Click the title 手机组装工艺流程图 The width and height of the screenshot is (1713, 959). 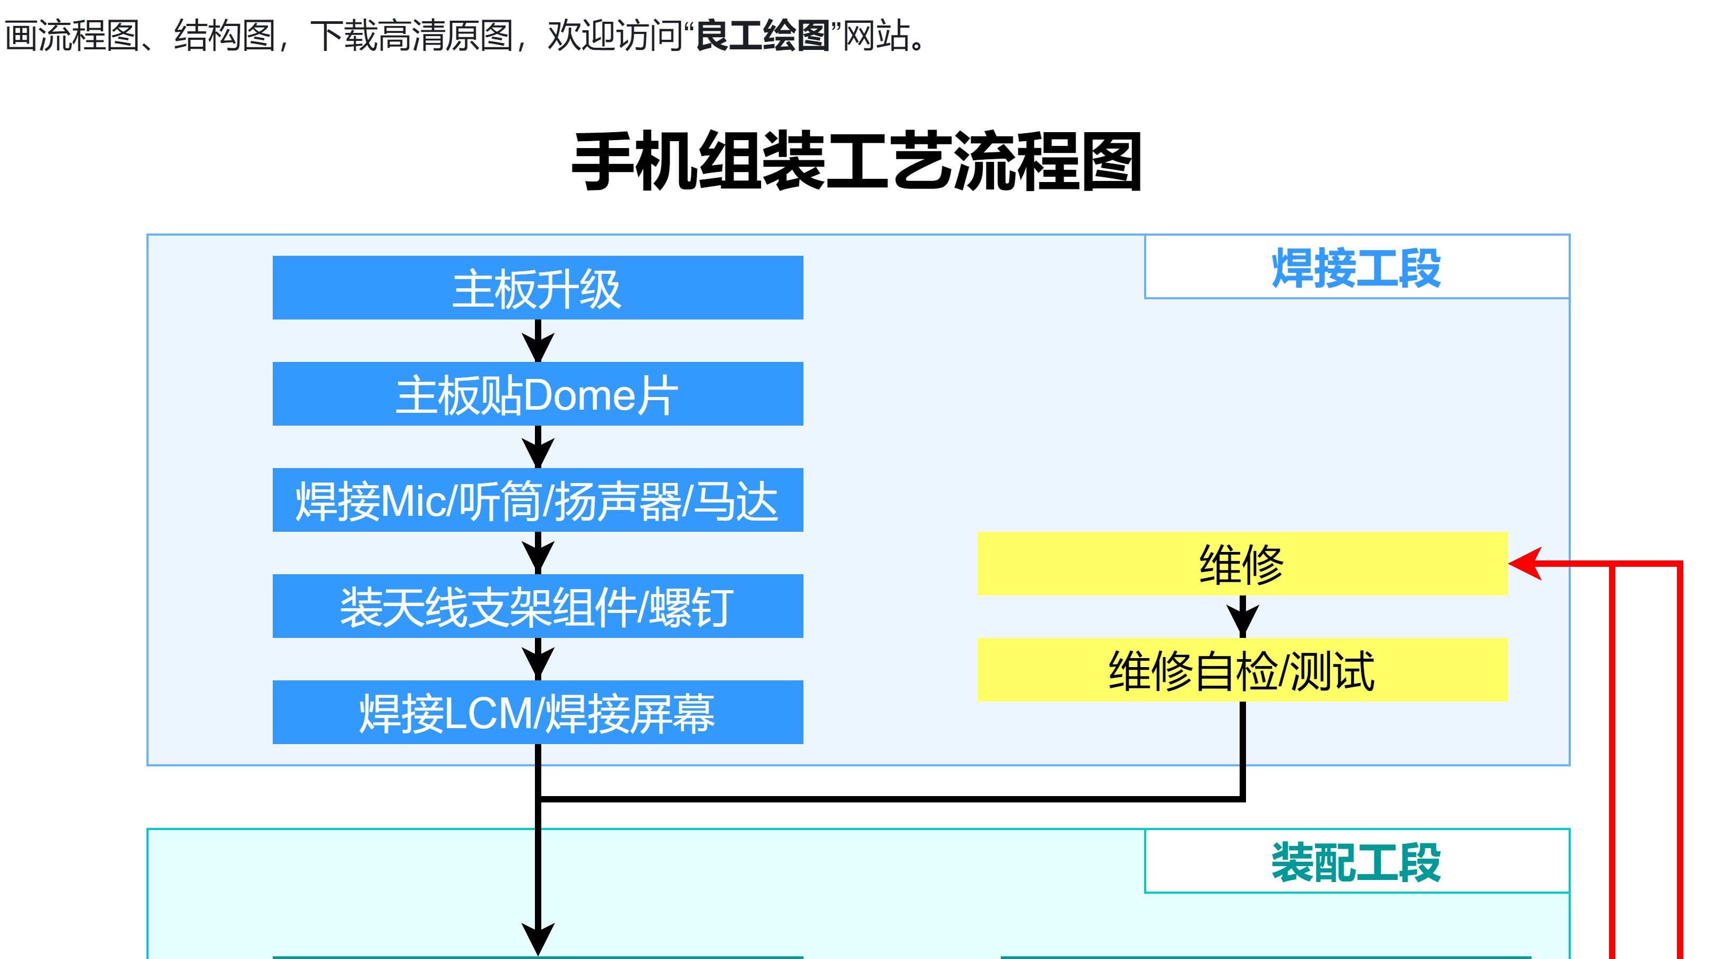pos(856,162)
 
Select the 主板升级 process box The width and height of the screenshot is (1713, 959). pos(538,288)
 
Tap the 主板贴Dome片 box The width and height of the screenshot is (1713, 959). pos(538,394)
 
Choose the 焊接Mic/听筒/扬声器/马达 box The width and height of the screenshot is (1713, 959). pos(538,500)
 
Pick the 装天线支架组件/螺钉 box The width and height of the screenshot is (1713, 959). pos(538,607)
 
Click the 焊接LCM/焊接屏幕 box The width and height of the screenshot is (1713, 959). pos(538,712)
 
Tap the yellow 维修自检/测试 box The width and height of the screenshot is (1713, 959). pos(1242,670)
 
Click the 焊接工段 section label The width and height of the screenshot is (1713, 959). pos(1356,267)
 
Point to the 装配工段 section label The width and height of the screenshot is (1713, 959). pos(1356,862)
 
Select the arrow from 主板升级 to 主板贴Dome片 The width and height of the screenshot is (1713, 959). pos(538,342)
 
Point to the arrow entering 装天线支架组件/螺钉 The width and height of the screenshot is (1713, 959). pos(538,554)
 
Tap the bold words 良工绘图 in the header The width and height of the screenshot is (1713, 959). pos(762,35)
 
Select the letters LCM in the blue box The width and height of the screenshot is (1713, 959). pos(488,714)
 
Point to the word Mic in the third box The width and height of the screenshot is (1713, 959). pos(413,502)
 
